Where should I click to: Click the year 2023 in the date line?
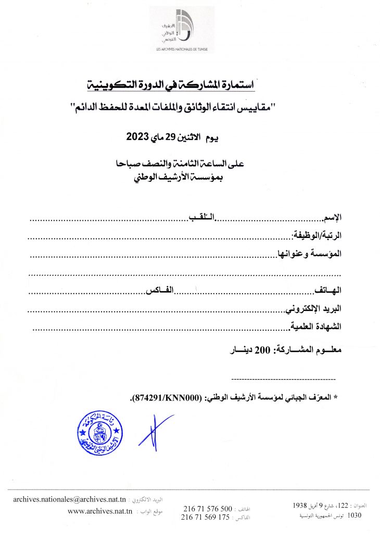(x=137, y=138)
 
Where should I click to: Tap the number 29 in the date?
(x=171, y=138)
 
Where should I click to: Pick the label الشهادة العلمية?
(x=315, y=326)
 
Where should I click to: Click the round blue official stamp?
(x=99, y=432)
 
